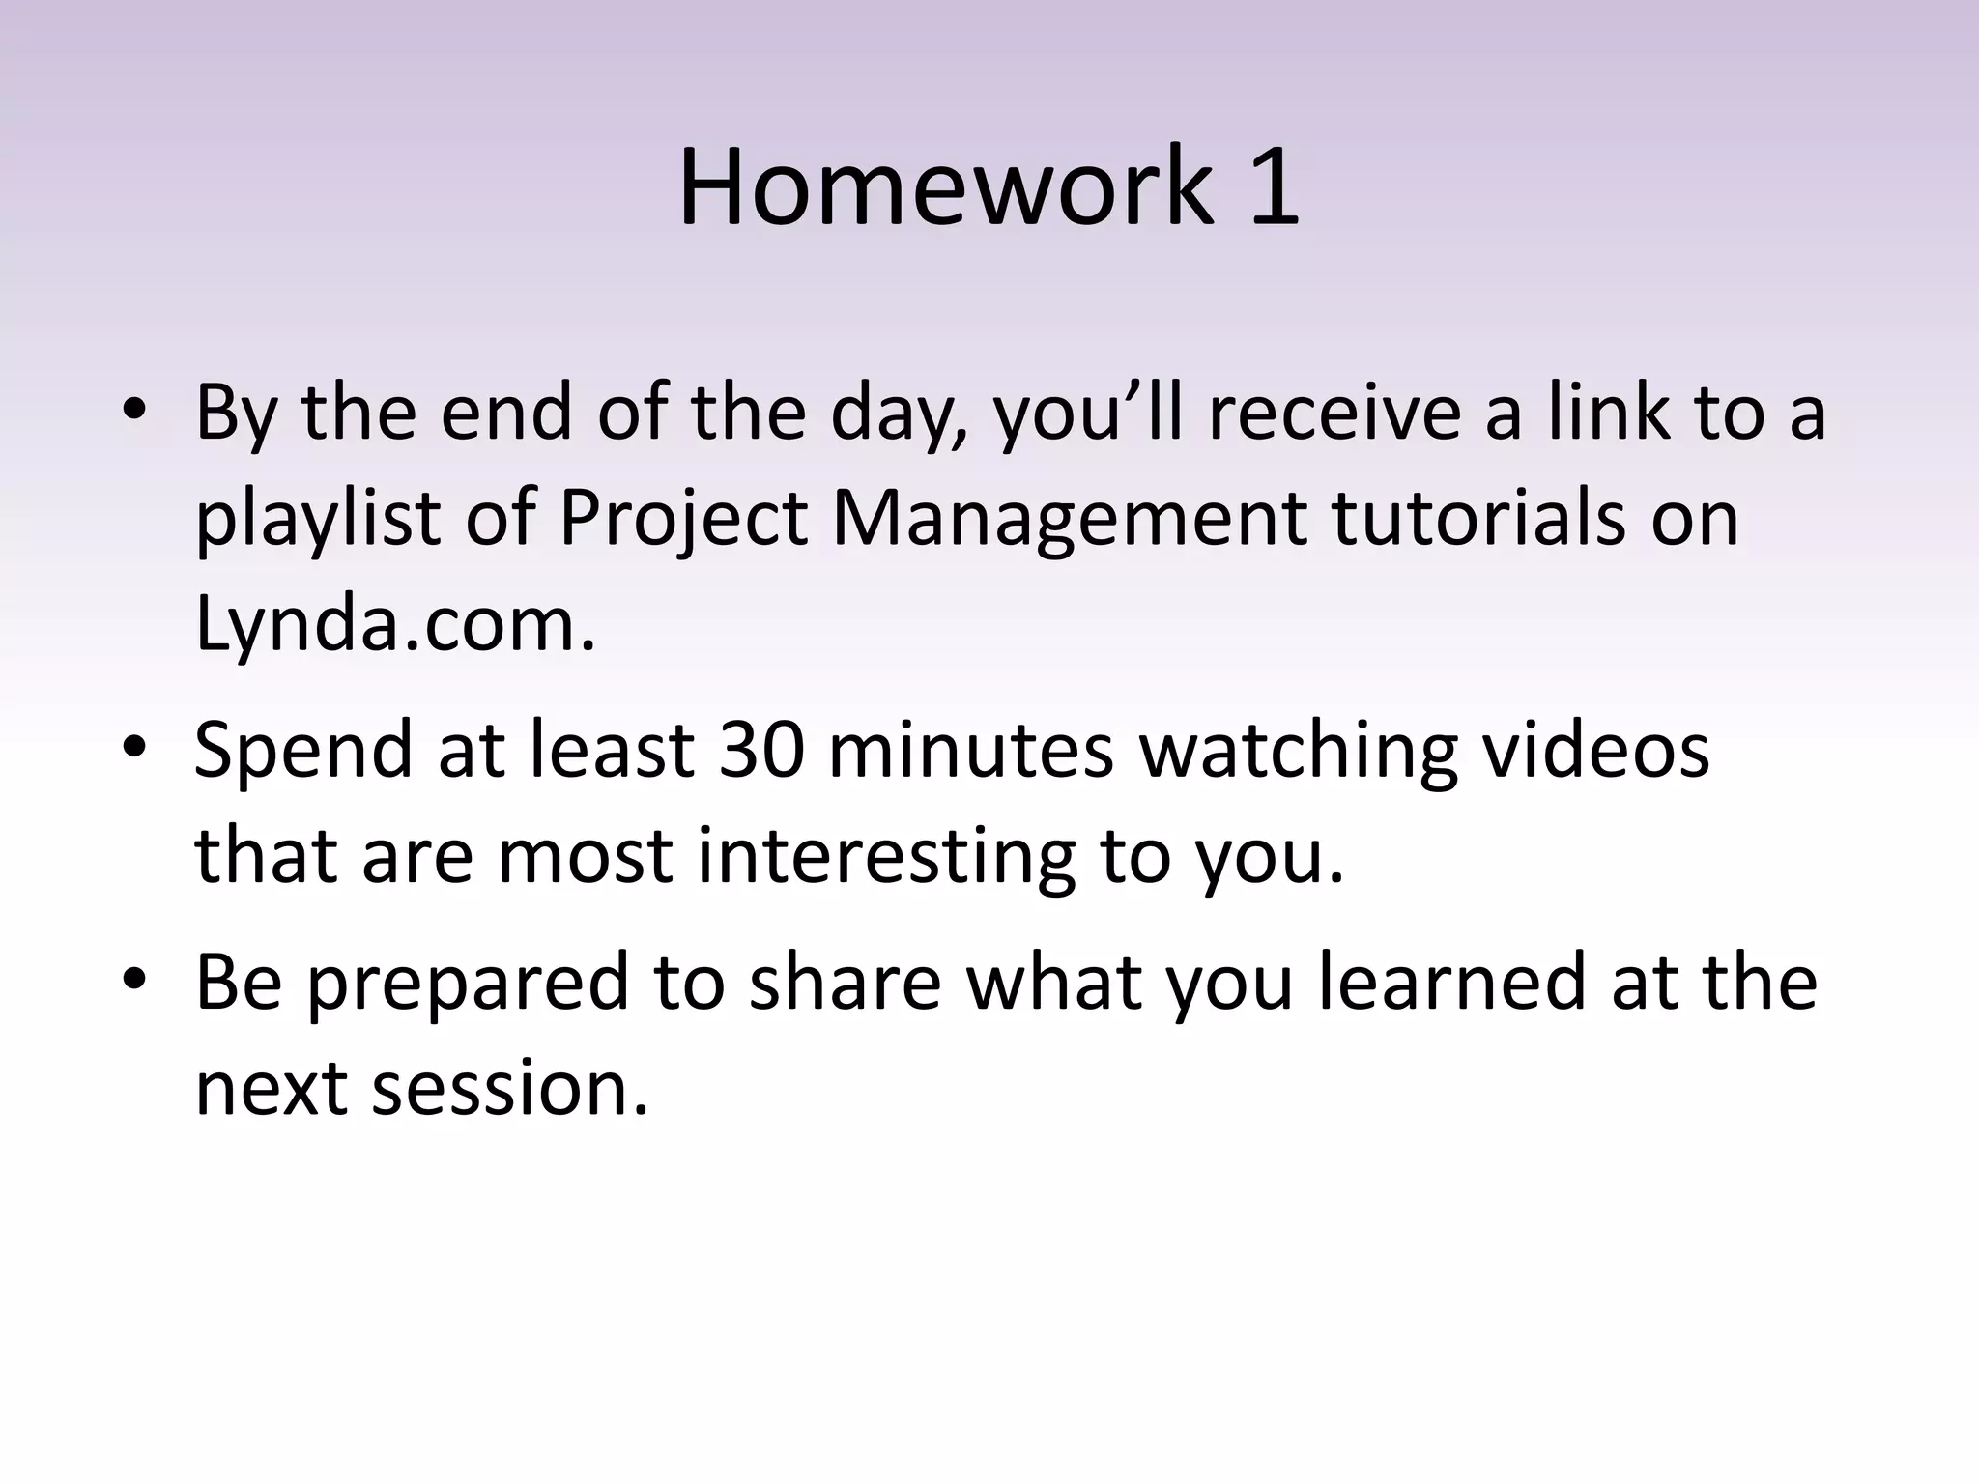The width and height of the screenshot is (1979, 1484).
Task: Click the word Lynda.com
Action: point(394,623)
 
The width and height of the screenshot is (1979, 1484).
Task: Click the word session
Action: point(510,1088)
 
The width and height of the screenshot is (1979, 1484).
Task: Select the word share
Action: point(845,982)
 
